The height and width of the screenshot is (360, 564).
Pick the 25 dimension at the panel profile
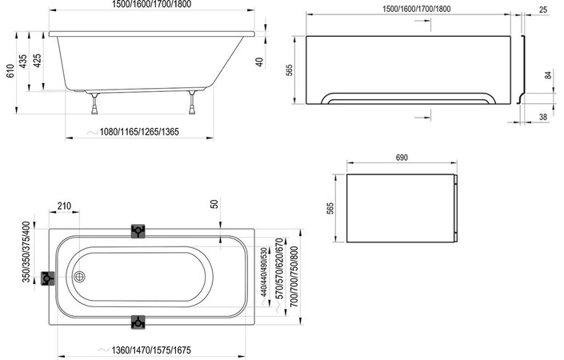(544, 10)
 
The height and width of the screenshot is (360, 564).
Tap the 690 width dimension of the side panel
(401, 158)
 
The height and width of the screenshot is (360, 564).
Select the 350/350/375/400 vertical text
(26, 252)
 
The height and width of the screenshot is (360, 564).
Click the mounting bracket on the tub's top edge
(139, 232)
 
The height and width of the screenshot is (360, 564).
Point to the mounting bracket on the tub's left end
(49, 279)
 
